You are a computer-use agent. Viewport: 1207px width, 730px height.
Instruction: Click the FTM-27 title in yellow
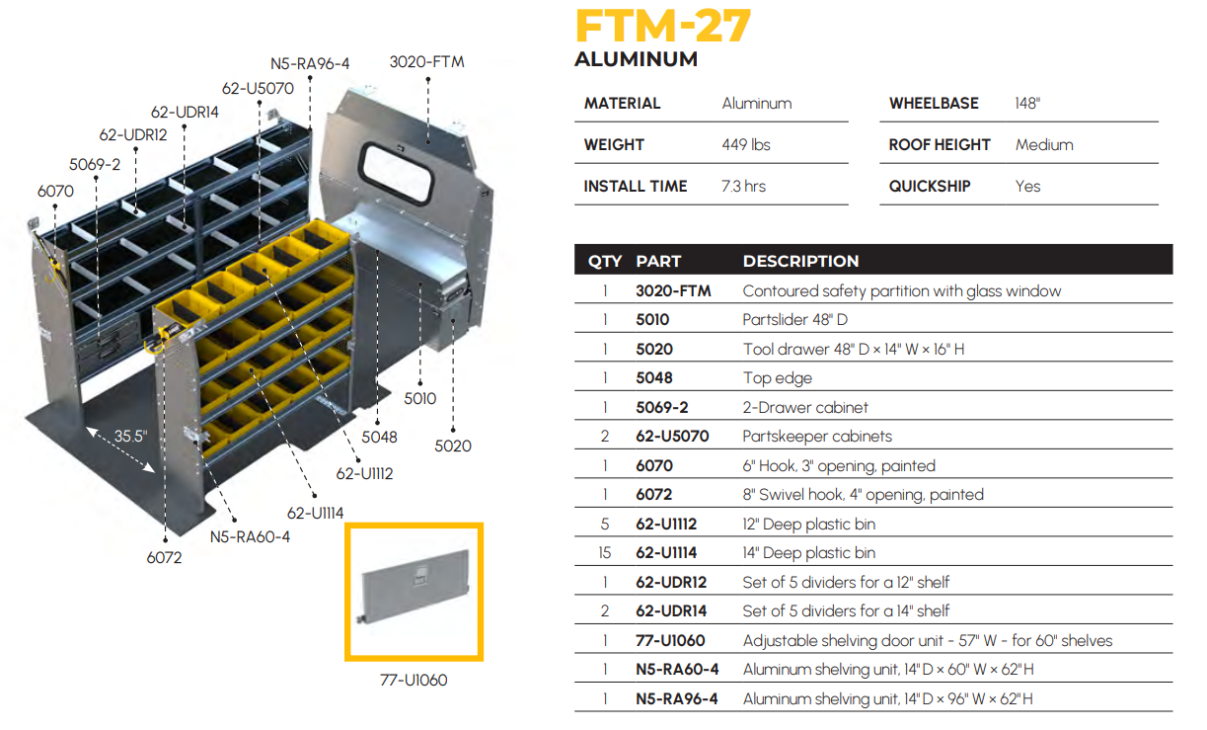tap(663, 26)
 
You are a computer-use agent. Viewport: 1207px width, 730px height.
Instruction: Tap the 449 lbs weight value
tap(746, 144)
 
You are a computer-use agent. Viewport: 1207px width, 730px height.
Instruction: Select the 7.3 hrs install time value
tap(743, 186)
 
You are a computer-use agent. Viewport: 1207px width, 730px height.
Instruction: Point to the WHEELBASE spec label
tap(934, 103)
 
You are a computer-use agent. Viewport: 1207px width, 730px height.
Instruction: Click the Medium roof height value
tap(1044, 144)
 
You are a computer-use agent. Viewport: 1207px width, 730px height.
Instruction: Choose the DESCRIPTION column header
tap(800, 261)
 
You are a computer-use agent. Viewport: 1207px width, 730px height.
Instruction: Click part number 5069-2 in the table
tap(661, 407)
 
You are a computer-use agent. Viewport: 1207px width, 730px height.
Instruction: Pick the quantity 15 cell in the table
tap(605, 552)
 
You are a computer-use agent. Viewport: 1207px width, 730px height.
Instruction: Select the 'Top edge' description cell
tap(777, 378)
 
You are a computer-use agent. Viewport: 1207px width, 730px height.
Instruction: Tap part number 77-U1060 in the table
tap(670, 640)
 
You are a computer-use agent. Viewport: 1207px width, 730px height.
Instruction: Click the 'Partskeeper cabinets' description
tap(817, 437)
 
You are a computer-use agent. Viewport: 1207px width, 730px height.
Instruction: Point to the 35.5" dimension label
tap(131, 436)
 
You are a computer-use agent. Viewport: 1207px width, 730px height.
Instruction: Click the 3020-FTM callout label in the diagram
tap(426, 62)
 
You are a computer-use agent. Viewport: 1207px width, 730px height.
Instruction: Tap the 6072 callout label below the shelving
tap(165, 557)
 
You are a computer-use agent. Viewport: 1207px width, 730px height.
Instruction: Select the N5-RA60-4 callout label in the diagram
tap(250, 537)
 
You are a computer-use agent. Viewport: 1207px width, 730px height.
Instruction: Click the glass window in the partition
tap(398, 173)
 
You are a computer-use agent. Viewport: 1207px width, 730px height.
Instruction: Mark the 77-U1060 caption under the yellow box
tap(414, 680)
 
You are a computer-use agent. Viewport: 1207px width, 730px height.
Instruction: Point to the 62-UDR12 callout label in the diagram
tap(133, 134)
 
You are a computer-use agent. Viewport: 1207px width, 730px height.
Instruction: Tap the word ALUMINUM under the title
tap(636, 59)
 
